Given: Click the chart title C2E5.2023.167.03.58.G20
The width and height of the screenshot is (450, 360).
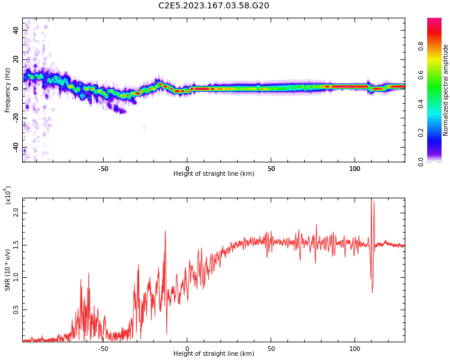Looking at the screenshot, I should pos(214,6).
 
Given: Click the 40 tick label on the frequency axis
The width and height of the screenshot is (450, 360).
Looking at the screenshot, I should pos(16,30).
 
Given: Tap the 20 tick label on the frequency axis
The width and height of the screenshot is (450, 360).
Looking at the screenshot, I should pos(16,59).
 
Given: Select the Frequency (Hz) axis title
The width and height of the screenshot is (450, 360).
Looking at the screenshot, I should pos(8,90).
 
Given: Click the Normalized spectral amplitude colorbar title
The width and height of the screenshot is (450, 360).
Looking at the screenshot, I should pos(446,90).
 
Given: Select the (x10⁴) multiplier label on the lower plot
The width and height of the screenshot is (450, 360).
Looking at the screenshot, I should pos(8,195).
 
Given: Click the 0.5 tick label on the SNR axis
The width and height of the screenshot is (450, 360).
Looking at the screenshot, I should pos(16,310).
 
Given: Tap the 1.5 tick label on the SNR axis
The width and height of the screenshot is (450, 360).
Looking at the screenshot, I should pos(16,245).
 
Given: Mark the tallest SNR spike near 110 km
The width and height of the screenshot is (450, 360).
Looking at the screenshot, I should pos(371,200).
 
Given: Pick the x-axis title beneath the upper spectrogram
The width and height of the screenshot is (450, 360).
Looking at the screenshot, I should pos(214,174).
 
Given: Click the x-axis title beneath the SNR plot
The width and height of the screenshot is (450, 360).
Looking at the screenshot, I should pos(214,354).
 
